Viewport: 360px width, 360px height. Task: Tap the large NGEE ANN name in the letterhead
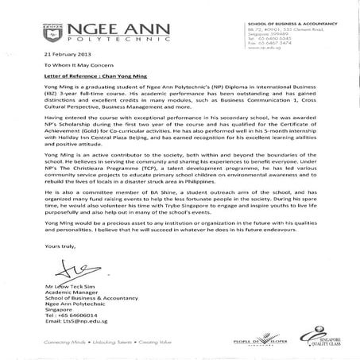[112, 25]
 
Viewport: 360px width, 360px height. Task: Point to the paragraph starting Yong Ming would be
[180, 230]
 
